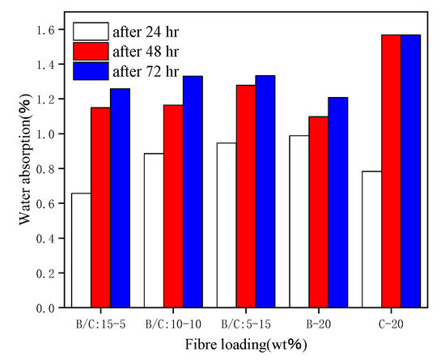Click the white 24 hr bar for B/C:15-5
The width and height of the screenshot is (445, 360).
[81, 251]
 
